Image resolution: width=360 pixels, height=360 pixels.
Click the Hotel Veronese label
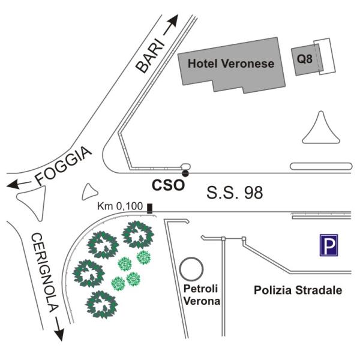231,64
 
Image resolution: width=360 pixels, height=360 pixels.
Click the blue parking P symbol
328,246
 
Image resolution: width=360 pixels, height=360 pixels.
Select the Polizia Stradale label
298,290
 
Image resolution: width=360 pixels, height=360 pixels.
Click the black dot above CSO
185,173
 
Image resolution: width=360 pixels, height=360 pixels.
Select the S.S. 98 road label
235,194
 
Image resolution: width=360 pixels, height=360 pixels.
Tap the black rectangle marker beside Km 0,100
149,208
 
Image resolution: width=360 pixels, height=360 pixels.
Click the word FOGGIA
63,166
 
